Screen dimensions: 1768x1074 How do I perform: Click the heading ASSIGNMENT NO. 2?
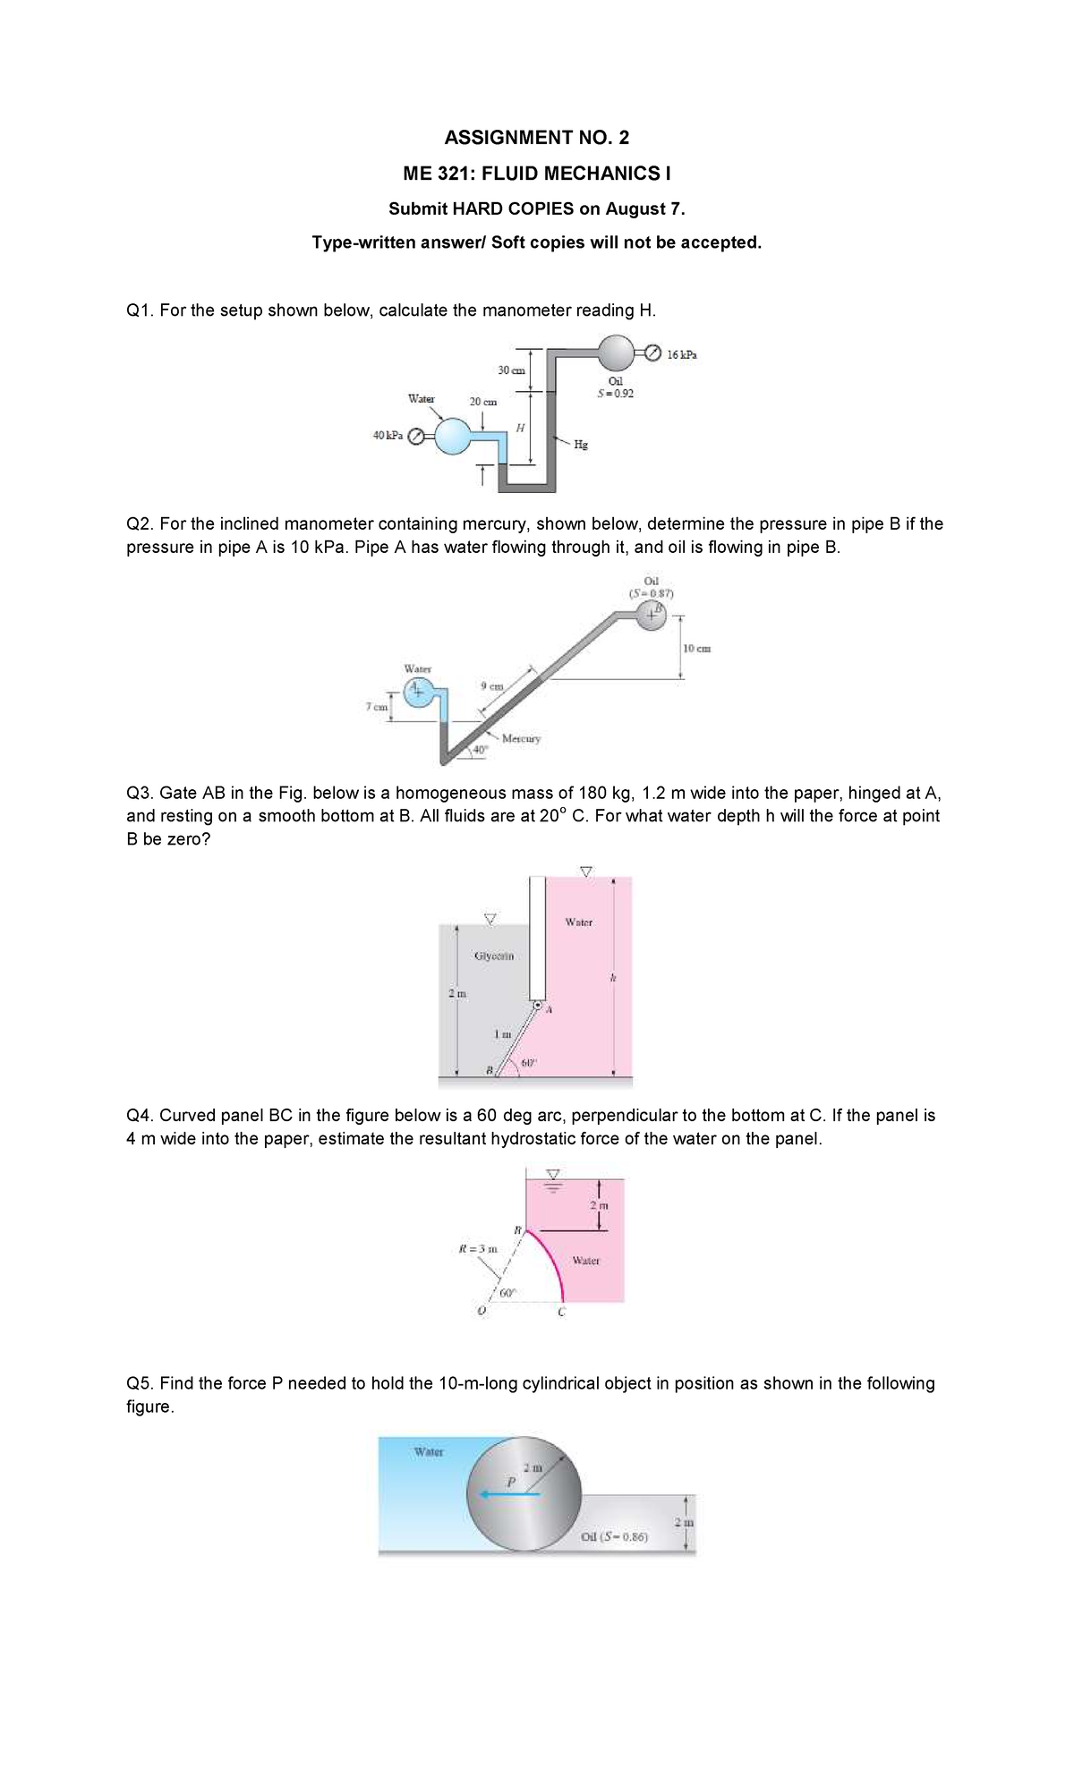(x=536, y=137)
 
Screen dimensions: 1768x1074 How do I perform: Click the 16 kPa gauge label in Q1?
(x=682, y=353)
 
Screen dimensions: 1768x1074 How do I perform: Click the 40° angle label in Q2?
(x=481, y=748)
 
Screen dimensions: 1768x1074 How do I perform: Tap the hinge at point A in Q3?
(x=538, y=1006)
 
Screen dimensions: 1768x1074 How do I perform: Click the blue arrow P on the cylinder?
(x=508, y=1493)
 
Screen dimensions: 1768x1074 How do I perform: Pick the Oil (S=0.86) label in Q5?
(x=615, y=1537)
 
